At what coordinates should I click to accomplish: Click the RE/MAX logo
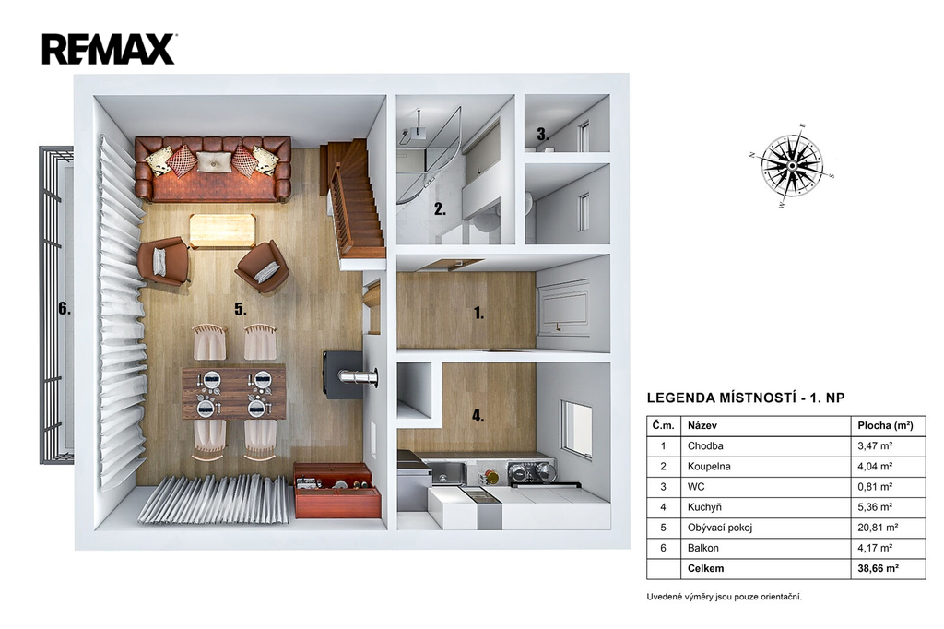(x=109, y=49)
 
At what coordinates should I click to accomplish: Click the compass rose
(x=792, y=166)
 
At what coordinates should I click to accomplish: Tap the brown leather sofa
(x=213, y=169)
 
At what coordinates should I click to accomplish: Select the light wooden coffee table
(x=222, y=231)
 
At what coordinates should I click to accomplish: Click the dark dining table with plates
(x=234, y=393)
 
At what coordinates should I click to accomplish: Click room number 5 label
(x=241, y=310)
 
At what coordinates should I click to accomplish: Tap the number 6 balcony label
(x=65, y=309)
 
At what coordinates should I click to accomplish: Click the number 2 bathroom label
(x=440, y=209)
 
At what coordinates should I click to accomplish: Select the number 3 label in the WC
(x=542, y=135)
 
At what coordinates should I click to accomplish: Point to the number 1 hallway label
(x=478, y=313)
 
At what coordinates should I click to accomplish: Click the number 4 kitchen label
(x=478, y=415)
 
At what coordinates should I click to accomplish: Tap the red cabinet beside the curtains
(x=337, y=491)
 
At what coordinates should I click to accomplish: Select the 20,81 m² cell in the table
(x=878, y=528)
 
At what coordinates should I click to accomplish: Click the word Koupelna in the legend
(x=709, y=467)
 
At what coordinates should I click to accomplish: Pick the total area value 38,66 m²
(x=878, y=568)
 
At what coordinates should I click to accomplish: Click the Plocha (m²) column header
(x=885, y=425)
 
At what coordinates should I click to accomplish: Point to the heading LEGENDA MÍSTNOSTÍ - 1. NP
(x=745, y=398)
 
